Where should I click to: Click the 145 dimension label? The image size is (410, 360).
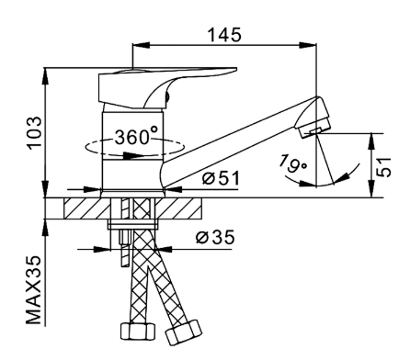point(224,35)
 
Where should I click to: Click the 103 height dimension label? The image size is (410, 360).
point(34,133)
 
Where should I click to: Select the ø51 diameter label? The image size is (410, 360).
point(221,177)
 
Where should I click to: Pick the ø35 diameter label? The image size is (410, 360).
point(215,237)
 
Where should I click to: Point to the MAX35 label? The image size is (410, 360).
point(34,290)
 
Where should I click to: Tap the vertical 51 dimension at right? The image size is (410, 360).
point(384,167)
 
